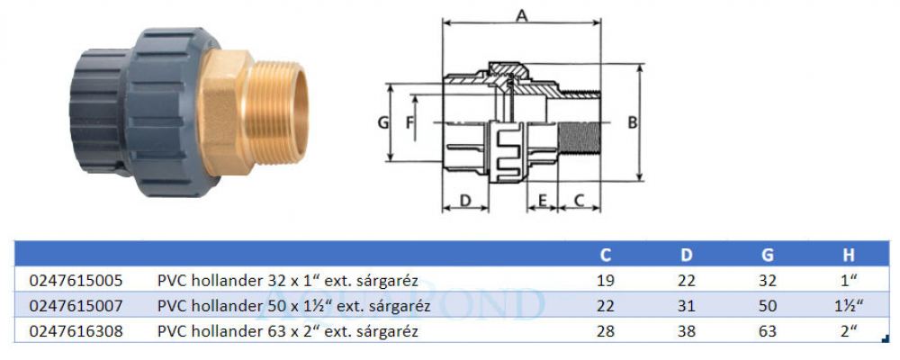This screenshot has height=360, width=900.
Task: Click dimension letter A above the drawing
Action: (521, 15)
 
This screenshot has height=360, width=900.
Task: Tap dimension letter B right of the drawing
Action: (632, 123)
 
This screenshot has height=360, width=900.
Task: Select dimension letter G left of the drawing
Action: (383, 122)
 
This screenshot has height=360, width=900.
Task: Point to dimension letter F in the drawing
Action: (409, 122)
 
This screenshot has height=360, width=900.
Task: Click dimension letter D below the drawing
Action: (465, 201)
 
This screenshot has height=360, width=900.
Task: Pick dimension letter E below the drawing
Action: (541, 201)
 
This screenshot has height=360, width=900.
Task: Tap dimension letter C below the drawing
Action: (579, 201)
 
